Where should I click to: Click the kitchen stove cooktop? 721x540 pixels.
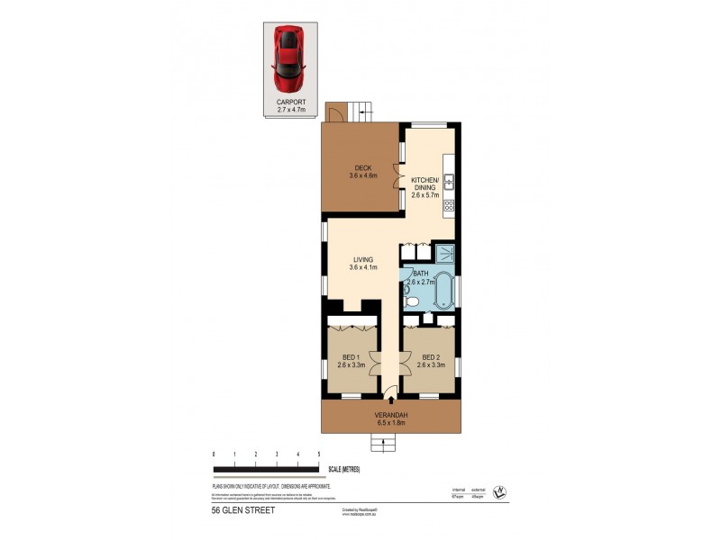[447, 207]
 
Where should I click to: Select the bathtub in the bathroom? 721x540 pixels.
[443, 293]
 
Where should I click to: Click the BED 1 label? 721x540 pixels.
[350, 361]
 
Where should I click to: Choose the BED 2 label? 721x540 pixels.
[429, 361]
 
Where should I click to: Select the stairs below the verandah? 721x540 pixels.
[383, 441]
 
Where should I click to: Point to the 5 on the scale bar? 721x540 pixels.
[319, 454]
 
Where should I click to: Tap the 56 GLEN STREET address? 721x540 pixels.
[242, 509]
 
